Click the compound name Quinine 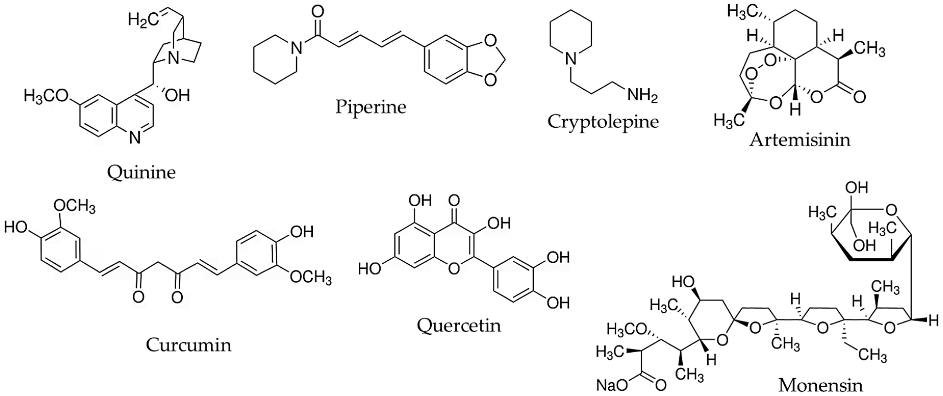click(x=141, y=172)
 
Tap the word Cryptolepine click(x=603, y=121)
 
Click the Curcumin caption click(x=188, y=345)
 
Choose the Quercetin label click(x=459, y=325)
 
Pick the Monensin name click(x=820, y=385)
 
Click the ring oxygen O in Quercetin click(x=454, y=269)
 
